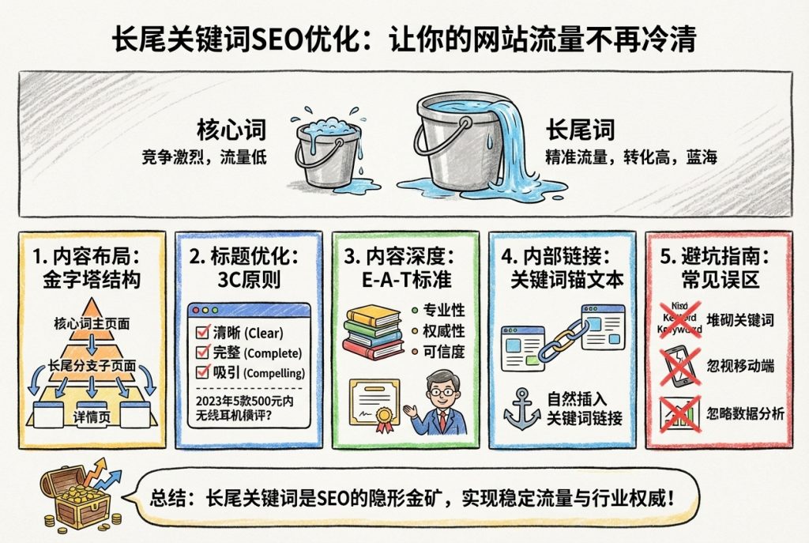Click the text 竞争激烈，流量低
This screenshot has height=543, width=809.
point(204,156)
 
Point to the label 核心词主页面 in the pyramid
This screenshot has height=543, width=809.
point(92,324)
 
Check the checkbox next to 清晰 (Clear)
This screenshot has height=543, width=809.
point(201,333)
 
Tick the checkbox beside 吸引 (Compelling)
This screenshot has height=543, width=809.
point(201,372)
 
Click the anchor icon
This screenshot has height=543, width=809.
point(523,406)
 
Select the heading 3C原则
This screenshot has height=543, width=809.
point(248,280)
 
